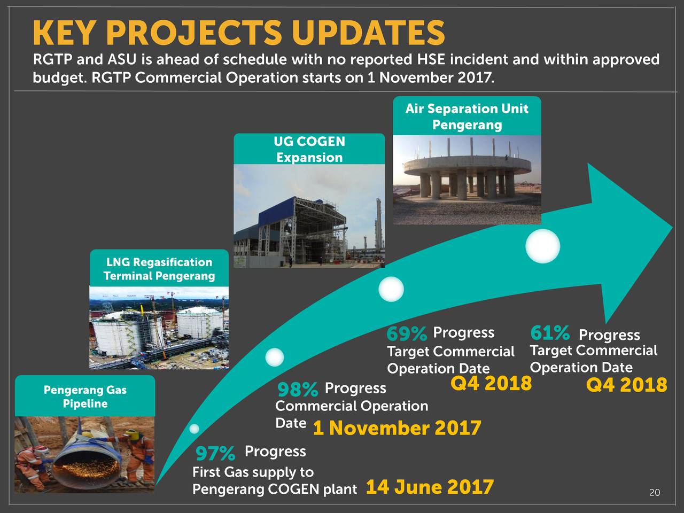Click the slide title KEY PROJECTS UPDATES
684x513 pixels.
pyautogui.click(x=238, y=33)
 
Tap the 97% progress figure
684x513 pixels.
pyautogui.click(x=215, y=454)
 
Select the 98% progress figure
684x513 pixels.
pyautogui.click(x=298, y=390)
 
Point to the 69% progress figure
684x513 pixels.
pyautogui.click(x=407, y=334)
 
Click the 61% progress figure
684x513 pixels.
pyautogui.click(x=550, y=333)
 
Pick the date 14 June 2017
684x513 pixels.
pyautogui.click(x=429, y=487)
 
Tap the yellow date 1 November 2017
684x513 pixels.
pyautogui.click(x=397, y=428)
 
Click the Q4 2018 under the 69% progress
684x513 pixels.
pyautogui.click(x=491, y=383)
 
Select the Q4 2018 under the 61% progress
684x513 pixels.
pyautogui.click(x=626, y=385)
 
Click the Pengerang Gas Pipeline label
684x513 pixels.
pyautogui.click(x=85, y=397)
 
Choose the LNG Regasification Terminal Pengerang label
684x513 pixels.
pyautogui.click(x=159, y=269)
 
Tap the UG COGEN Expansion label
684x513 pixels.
pyautogui.click(x=309, y=149)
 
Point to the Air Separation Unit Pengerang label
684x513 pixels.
pyautogui.click(x=467, y=116)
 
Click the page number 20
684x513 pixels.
pyautogui.click(x=654, y=493)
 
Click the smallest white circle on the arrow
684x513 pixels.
pyautogui.click(x=194, y=429)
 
